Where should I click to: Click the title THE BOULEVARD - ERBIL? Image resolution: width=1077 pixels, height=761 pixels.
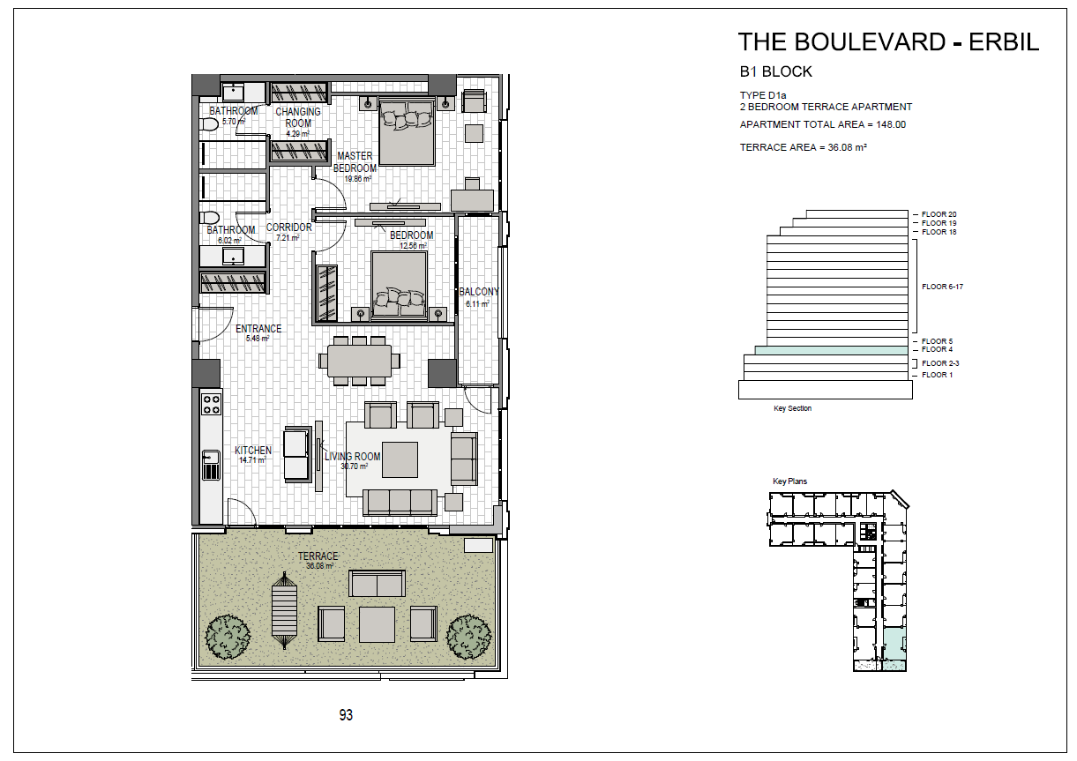888,41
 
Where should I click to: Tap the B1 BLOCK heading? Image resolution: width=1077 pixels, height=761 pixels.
775,72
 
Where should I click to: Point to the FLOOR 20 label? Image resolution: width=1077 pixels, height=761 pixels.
939,214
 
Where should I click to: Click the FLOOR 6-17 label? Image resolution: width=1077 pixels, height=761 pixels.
941,287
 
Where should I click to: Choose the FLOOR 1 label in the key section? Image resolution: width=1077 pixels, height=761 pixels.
937,375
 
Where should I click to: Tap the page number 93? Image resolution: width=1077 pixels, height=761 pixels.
346,715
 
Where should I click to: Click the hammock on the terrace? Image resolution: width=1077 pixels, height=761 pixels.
285,612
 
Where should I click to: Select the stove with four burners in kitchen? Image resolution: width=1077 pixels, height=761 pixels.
212,404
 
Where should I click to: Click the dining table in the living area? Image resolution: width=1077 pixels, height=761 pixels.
359,360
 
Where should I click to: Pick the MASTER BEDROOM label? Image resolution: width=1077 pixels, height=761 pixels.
355,162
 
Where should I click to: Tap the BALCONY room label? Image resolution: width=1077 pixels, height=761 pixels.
479,292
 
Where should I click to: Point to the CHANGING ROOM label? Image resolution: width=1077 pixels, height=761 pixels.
298,117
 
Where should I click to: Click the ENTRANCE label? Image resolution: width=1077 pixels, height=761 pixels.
258,329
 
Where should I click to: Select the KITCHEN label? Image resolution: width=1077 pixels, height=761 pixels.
253,451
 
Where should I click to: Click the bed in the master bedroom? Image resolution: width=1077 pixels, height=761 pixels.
407,132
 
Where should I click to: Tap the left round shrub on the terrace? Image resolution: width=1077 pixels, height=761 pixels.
228,634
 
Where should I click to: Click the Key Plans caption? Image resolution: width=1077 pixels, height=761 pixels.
789,481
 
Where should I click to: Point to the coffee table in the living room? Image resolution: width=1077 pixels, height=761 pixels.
400,459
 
